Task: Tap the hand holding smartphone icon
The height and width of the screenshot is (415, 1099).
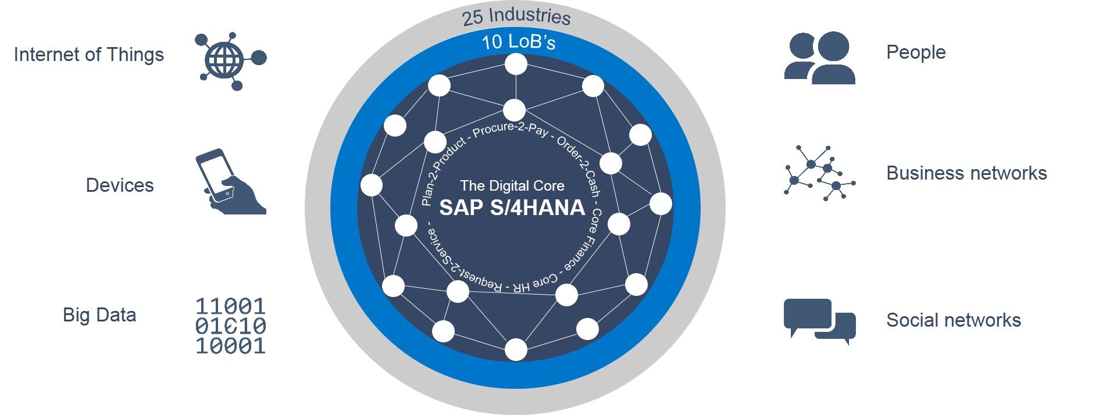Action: [228, 183]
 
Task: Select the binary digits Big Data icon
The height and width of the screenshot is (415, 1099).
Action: [230, 326]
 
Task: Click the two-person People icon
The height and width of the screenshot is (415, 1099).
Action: [819, 58]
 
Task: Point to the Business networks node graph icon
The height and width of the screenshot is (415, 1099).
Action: [819, 173]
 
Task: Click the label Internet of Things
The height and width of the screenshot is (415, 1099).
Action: [89, 55]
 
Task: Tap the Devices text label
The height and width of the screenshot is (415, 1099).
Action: [120, 185]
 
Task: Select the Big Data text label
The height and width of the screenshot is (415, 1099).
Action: [99, 315]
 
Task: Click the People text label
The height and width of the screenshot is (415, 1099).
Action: [916, 52]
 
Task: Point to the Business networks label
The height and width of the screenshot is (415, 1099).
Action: [966, 173]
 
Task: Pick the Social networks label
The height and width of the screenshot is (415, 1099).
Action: [954, 320]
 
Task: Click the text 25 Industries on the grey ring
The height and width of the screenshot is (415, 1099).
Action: [516, 16]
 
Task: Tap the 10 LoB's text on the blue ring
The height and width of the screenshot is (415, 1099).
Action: [519, 42]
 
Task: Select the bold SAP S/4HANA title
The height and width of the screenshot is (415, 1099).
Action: [512, 208]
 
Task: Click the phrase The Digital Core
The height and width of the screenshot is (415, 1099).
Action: [512, 186]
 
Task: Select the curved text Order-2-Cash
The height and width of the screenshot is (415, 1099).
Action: [580, 165]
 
